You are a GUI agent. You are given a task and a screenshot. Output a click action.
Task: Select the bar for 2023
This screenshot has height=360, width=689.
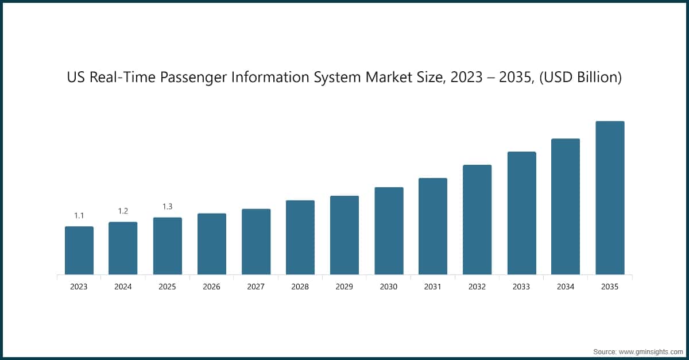point(79,250)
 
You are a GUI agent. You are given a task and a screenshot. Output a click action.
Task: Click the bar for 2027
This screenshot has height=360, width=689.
point(256,242)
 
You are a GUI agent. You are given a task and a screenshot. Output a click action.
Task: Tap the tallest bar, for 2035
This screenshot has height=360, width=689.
point(610,198)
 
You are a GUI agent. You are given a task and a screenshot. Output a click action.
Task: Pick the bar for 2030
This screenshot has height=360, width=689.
point(389,231)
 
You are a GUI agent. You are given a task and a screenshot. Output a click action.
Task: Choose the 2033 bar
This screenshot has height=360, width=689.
point(521,213)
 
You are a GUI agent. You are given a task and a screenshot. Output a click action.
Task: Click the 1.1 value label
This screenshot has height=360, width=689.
point(79,216)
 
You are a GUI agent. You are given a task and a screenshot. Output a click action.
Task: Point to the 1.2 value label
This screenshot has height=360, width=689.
point(123,211)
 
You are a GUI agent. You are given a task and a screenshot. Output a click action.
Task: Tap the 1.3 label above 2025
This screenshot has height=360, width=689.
point(167,207)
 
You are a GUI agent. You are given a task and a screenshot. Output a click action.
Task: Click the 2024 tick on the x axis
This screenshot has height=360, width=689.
point(123,287)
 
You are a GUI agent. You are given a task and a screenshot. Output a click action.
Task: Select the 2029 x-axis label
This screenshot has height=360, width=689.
point(344,287)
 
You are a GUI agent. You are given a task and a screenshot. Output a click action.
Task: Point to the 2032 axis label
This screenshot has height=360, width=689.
point(477,287)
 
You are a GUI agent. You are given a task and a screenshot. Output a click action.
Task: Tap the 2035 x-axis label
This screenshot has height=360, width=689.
point(610,287)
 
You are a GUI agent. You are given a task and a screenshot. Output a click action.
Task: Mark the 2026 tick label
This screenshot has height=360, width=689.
point(211,287)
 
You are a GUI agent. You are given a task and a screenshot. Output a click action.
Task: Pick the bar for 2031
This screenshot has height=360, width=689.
point(433,226)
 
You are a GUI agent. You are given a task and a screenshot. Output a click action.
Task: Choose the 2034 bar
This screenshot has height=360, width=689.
point(566,207)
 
